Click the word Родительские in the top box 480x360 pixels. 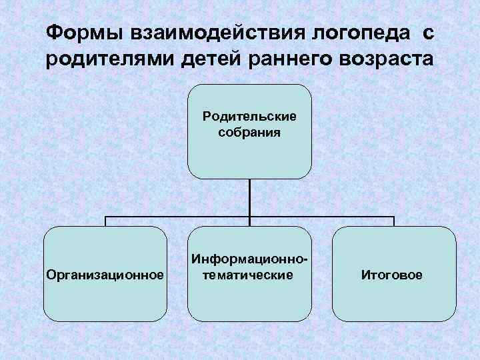[x=249, y=118]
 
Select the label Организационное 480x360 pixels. [x=105, y=275]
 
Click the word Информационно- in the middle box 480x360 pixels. [x=249, y=259]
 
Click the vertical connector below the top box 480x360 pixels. [x=249, y=197]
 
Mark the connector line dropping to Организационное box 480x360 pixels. [x=105, y=221]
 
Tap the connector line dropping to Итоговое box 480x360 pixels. [x=393, y=221]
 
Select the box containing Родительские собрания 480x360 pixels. [x=249, y=157]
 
